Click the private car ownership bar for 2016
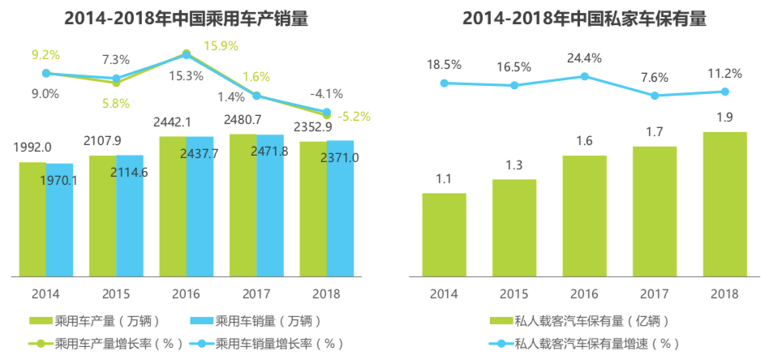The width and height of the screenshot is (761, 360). tap(584, 214)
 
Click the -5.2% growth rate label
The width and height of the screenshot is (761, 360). tap(355, 117)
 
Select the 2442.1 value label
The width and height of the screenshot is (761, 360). tap(172, 122)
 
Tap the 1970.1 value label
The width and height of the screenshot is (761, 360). tap(58, 180)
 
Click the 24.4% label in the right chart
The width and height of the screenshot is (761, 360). tap(584, 58)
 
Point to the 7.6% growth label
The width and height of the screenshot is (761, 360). tap(654, 78)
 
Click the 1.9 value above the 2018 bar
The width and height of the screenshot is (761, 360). tap(724, 117)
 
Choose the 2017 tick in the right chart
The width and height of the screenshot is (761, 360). tap(654, 293)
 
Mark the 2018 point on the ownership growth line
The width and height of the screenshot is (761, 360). tap(724, 91)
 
